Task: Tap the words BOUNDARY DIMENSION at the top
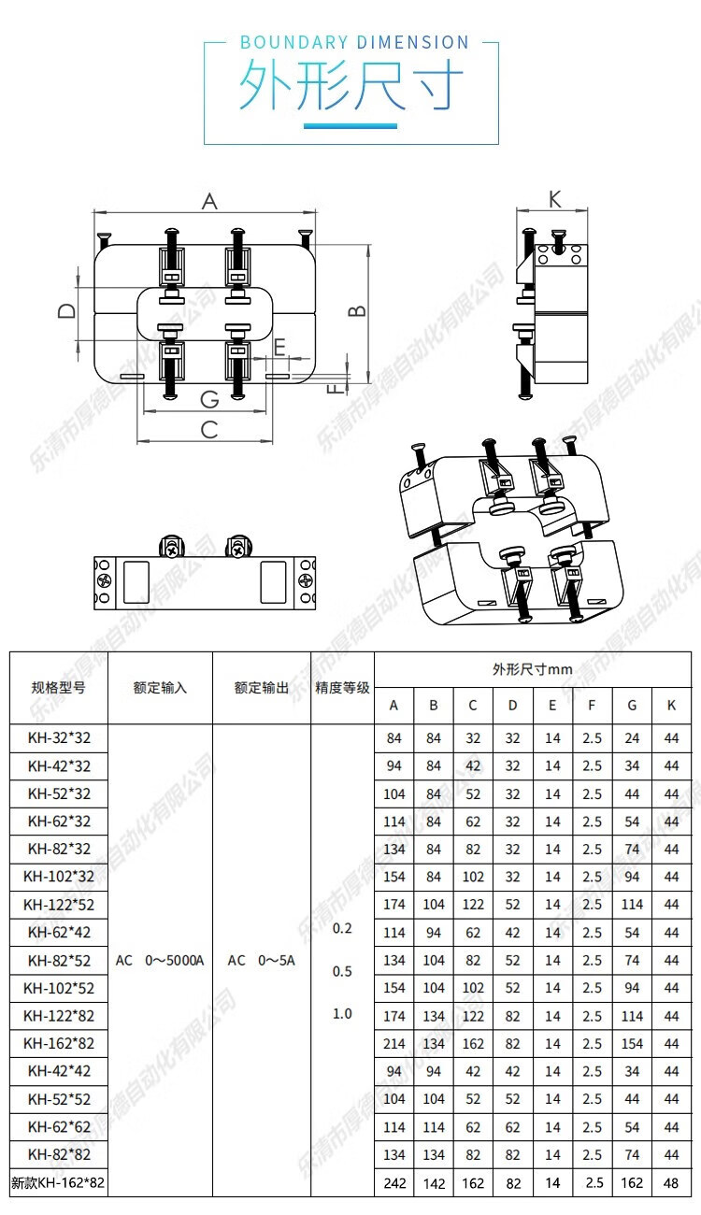click(354, 42)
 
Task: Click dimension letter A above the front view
click(209, 201)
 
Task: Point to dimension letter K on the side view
click(554, 198)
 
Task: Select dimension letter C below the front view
click(209, 429)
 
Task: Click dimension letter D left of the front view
click(66, 310)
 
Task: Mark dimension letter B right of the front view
click(357, 310)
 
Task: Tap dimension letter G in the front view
click(209, 399)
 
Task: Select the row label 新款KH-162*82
click(58, 1183)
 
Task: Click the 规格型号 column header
click(58, 688)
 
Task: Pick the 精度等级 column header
click(341, 688)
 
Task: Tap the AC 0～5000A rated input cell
click(160, 961)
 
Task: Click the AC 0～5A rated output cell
click(261, 961)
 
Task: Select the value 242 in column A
click(394, 1183)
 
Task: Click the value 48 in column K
click(671, 1183)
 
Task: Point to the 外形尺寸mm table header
click(532, 669)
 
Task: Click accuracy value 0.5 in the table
click(342, 971)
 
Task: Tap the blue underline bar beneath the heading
click(350, 125)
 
